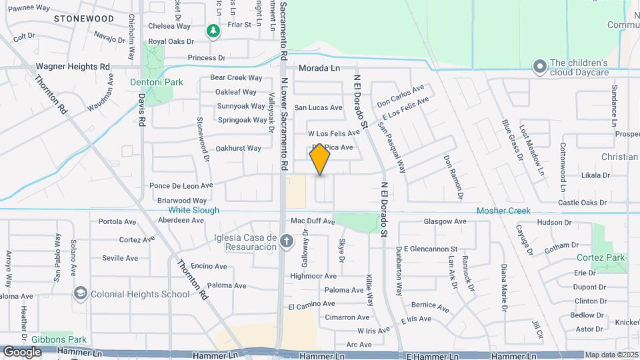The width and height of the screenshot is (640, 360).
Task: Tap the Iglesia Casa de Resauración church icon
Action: click(287, 241)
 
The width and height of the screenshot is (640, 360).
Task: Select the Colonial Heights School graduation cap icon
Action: click(80, 293)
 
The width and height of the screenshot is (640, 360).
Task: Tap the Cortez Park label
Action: click(602, 257)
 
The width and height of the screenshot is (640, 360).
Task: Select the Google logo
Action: click(22, 351)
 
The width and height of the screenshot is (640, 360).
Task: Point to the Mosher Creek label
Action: click(503, 211)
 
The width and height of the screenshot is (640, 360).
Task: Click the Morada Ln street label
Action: click(319, 68)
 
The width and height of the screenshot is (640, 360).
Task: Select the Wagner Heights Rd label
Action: click(73, 67)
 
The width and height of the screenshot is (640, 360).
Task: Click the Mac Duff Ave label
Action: click(312, 221)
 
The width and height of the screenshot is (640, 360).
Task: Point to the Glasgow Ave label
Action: click(445, 221)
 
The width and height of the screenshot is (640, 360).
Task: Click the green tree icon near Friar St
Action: click(213, 31)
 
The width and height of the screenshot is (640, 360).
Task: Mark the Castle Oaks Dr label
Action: click(581, 202)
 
